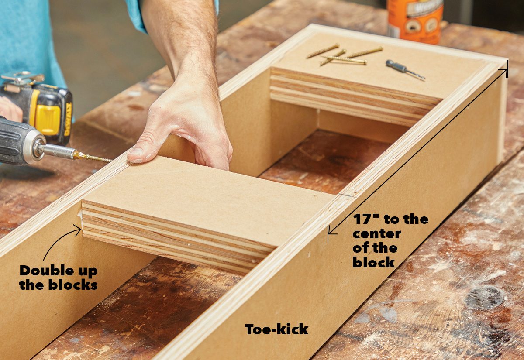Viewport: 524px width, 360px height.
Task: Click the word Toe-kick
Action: [x=276, y=329]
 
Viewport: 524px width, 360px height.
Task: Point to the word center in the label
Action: [x=377, y=234]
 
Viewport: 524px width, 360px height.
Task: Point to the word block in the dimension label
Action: [x=373, y=263]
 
